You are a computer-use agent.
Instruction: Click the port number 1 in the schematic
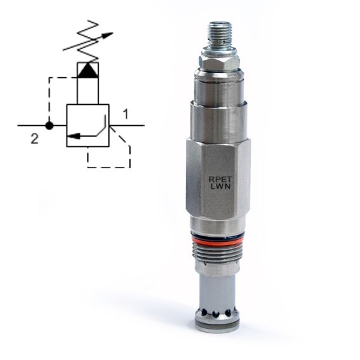126,114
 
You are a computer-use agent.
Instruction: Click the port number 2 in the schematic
35,139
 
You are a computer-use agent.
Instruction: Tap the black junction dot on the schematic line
49,126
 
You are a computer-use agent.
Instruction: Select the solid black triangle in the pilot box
88,70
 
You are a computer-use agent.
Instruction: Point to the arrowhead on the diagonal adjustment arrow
107,35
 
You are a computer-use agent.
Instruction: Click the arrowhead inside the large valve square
74,136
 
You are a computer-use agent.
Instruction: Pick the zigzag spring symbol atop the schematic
88,41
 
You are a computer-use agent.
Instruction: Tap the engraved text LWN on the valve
220,187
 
